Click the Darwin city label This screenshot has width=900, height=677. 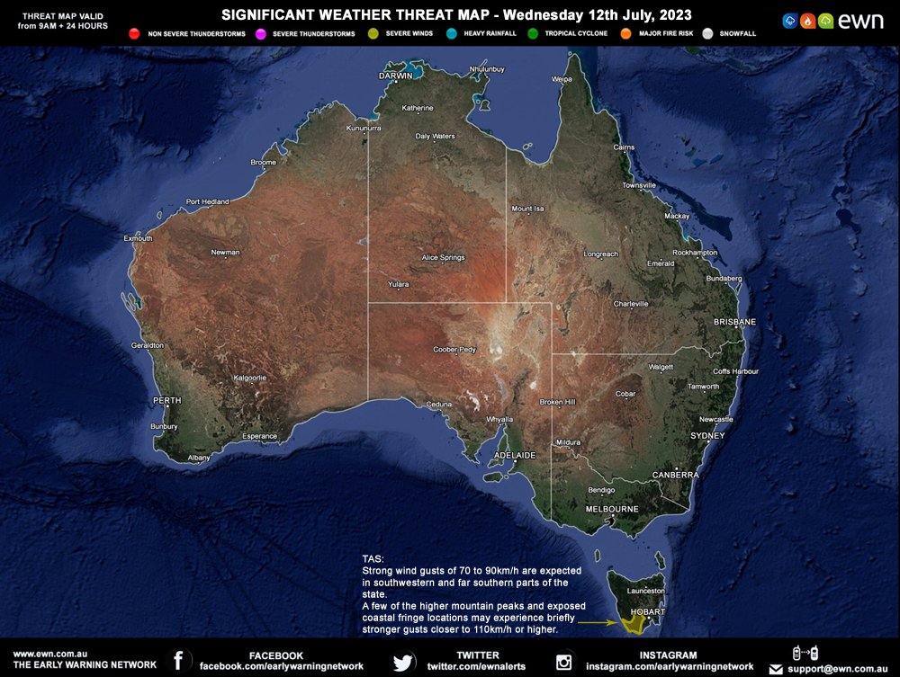(395, 76)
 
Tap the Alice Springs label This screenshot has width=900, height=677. (443, 258)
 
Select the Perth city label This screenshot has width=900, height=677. (167, 400)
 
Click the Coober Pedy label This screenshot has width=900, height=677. (454, 349)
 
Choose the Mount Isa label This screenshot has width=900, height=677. (528, 209)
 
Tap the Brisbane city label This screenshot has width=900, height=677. (734, 322)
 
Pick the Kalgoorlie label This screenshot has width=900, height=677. (249, 379)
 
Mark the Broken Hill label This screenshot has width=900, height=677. (557, 402)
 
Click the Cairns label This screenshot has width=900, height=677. (624, 147)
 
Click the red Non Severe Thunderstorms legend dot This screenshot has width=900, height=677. (133, 33)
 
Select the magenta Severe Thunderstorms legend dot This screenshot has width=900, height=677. (260, 33)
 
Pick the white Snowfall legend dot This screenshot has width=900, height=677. (706, 33)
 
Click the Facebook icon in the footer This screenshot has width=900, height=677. (178, 662)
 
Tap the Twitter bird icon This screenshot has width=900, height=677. (403, 663)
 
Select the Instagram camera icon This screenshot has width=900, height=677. (564, 663)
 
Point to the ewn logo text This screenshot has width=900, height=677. (861, 22)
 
